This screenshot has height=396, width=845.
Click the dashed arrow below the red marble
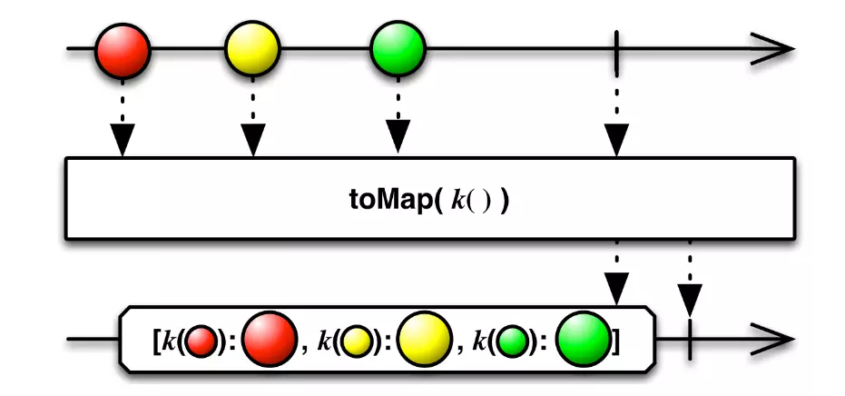click(x=123, y=118)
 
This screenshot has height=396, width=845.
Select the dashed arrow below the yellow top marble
click(x=253, y=118)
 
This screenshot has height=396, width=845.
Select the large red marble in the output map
click(x=270, y=339)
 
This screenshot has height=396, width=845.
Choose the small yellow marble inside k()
click(x=356, y=342)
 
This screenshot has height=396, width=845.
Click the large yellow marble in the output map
click(x=424, y=339)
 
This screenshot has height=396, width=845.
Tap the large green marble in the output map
click(x=582, y=339)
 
